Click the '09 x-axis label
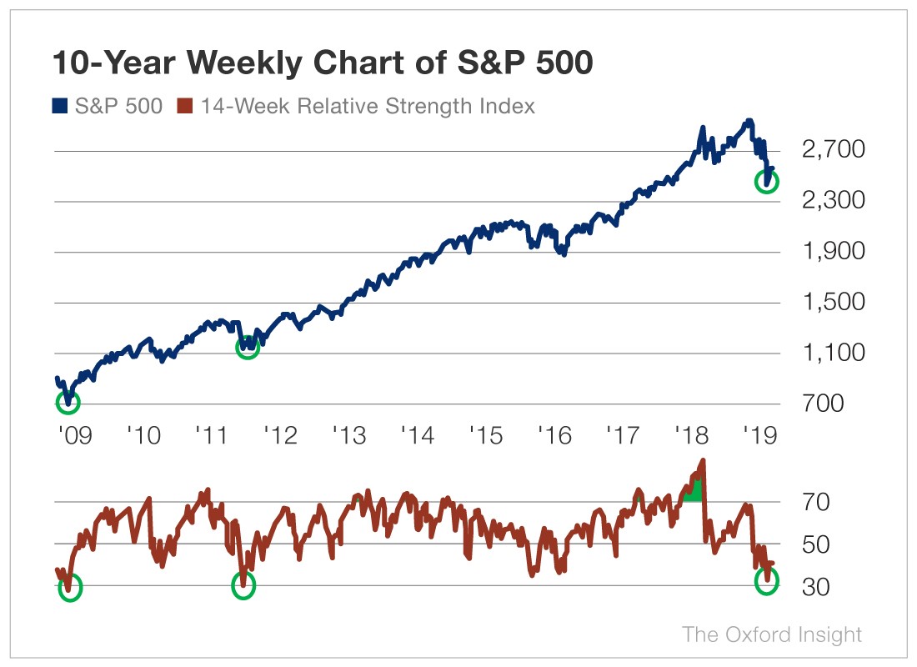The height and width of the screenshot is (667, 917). click(74, 435)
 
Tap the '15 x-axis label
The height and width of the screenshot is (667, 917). click(487, 435)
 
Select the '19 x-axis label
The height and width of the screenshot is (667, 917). click(760, 435)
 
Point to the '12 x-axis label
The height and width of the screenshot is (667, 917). click(281, 435)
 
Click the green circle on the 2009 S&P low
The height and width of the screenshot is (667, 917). click(68, 403)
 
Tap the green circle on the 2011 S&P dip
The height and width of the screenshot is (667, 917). click(248, 347)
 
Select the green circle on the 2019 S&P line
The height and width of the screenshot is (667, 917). click(766, 181)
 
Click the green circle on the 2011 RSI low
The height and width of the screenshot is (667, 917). click(243, 586)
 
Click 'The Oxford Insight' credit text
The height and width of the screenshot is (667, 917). click(772, 634)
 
